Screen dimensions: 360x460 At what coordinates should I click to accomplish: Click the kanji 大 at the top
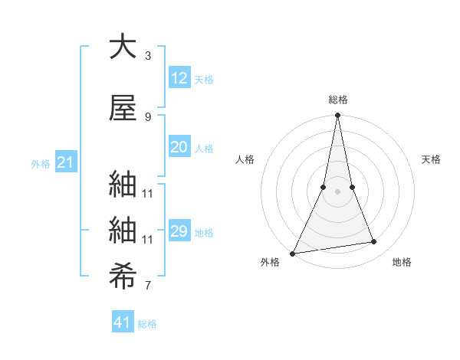pos(123,47)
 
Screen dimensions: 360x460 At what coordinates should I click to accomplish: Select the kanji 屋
pos(123,108)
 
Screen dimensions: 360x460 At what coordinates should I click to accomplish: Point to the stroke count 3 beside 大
pos(148,56)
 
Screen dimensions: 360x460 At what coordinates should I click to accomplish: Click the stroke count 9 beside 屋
pos(148,116)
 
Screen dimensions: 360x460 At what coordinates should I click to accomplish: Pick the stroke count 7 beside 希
pos(148,286)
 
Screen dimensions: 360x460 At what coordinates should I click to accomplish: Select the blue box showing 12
pos(179,77)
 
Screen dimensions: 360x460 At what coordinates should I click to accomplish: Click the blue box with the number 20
pos(179,147)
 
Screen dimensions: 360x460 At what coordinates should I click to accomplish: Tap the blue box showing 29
pos(179,231)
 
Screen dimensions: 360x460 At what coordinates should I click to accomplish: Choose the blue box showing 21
pos(66,162)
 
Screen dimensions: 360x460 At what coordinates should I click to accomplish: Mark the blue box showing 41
pos(123,322)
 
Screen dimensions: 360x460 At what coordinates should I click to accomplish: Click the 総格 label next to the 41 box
pos(147,324)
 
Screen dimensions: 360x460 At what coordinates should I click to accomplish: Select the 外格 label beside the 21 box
pos(41,164)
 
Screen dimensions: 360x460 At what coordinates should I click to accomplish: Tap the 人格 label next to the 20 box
pos(204,149)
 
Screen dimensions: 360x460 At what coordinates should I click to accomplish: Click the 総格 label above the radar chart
pos(337,100)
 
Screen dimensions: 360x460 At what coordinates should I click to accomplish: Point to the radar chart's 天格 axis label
pos(432,159)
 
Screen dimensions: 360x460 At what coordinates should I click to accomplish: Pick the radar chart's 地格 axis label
pos(402,262)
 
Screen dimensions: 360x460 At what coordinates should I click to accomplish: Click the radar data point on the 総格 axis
pos(337,116)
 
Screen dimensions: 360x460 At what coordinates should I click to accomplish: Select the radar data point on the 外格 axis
pos(292,254)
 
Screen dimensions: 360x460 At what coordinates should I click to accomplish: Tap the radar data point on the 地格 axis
pos(374,242)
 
